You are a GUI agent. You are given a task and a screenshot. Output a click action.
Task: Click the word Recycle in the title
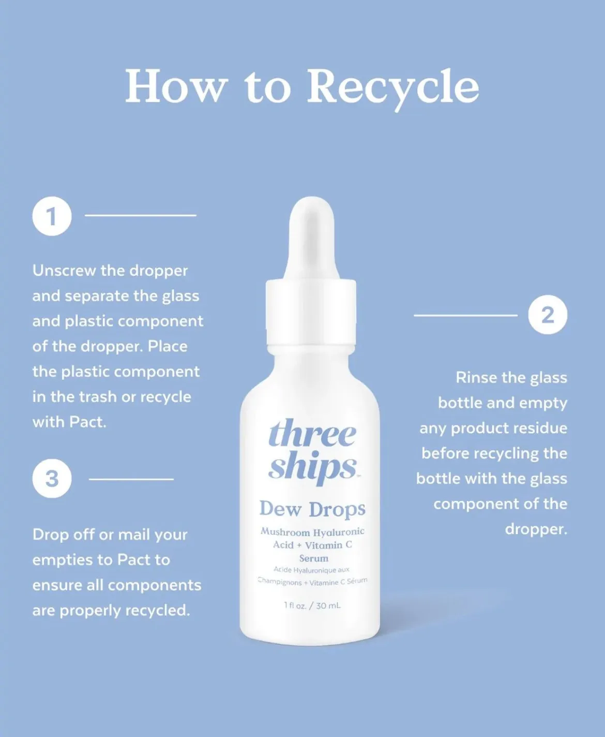tap(393, 90)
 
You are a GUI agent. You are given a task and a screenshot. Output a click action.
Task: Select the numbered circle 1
tap(52, 216)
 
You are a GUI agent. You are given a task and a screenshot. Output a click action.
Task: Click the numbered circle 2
tap(548, 315)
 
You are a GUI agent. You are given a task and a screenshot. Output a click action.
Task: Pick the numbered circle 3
tap(52, 478)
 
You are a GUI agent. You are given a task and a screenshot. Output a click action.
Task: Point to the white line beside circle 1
tap(141, 215)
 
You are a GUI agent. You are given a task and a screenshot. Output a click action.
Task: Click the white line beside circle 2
tap(466, 315)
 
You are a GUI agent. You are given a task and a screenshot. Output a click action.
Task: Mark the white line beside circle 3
tap(131, 479)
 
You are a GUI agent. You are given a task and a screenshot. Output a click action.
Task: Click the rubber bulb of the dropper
tap(312, 238)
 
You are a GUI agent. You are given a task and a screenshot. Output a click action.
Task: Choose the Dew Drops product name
tap(312, 509)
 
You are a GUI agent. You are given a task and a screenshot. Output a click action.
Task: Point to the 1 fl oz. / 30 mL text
tap(312, 606)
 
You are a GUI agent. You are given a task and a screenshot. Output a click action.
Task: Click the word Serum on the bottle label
tap(313, 558)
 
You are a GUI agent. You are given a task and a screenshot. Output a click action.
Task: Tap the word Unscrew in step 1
tap(64, 271)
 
